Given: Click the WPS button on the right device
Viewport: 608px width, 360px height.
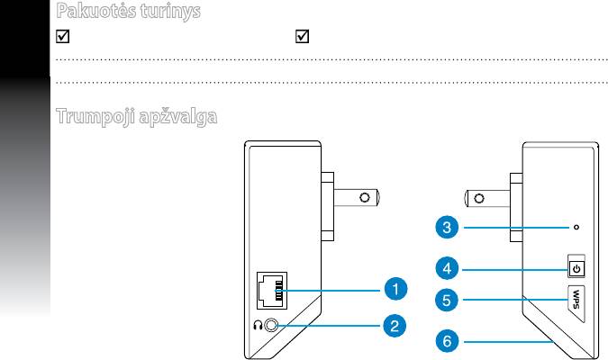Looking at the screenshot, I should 576,297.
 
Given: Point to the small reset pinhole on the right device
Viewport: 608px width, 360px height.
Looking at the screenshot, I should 576,228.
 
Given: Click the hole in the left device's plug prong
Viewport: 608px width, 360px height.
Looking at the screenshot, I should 365,196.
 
